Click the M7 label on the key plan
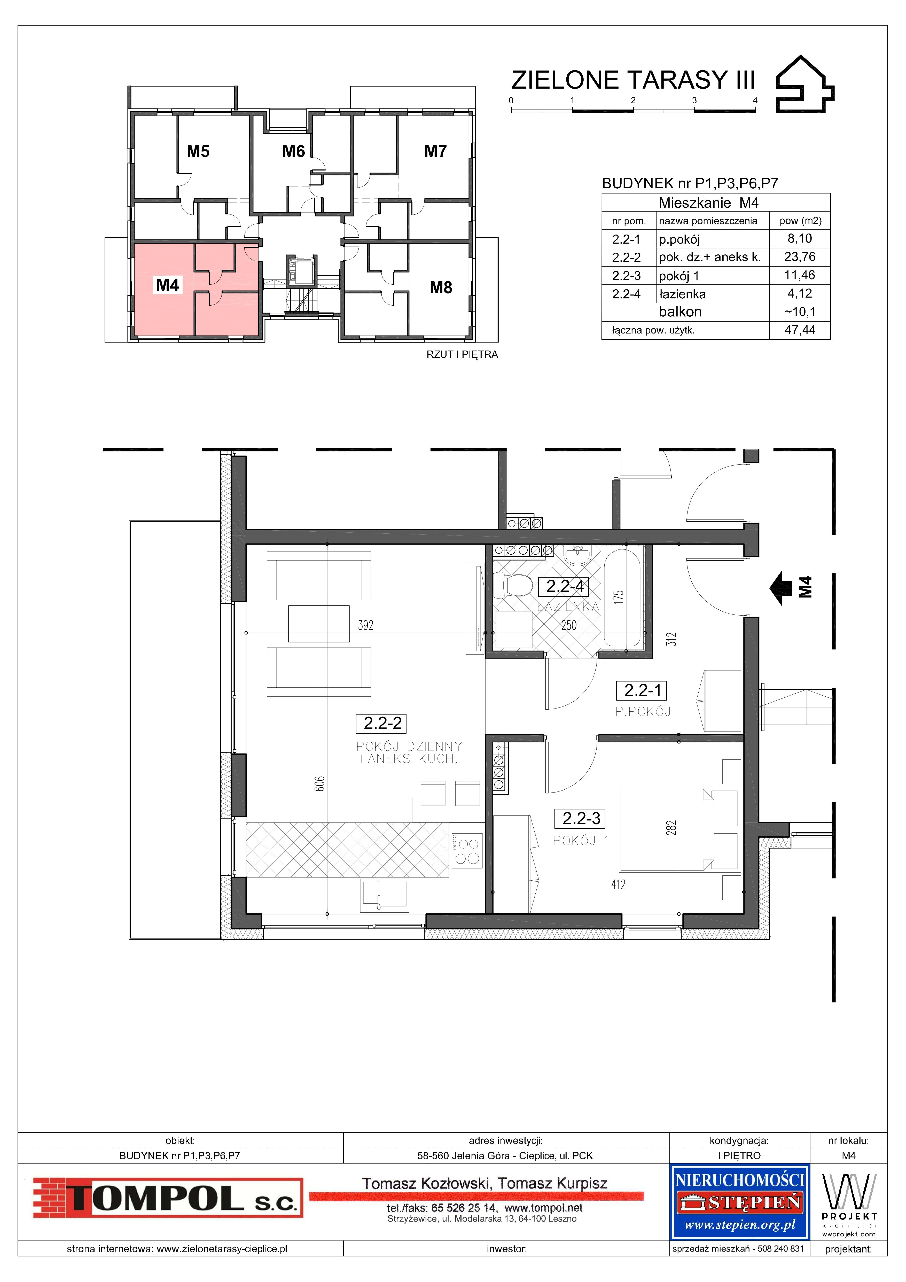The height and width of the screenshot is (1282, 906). [435, 151]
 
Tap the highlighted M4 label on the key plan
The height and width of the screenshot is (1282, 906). [167, 285]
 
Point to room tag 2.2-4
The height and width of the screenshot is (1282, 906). [565, 586]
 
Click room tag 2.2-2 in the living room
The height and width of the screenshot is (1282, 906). [382, 724]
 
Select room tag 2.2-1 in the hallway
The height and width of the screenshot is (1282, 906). [643, 691]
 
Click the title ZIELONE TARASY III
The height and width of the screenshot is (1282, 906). [633, 80]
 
